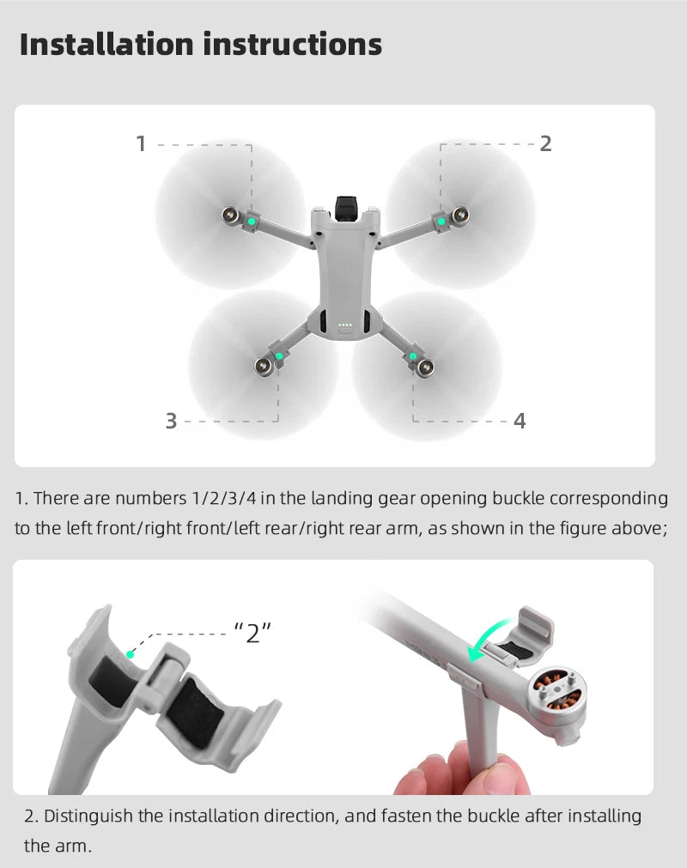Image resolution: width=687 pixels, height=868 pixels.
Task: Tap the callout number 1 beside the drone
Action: point(141,144)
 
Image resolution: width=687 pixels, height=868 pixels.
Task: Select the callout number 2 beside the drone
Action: point(545,144)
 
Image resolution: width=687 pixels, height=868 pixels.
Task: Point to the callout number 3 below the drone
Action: point(171,421)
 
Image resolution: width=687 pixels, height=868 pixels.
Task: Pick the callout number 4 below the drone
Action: point(520,421)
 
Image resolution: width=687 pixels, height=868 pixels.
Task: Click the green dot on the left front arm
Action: point(251,221)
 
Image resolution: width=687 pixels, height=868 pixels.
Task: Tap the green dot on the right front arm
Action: point(441,222)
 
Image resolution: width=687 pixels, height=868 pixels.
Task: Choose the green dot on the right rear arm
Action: point(413,356)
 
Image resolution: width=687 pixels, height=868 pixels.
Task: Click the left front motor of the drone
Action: point(231,215)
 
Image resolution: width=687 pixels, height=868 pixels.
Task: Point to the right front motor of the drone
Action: point(461,214)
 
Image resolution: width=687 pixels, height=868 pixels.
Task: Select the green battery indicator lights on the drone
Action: point(345,325)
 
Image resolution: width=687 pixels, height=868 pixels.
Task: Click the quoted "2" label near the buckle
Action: point(252,634)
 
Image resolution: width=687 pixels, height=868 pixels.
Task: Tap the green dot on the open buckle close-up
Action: point(130,653)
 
